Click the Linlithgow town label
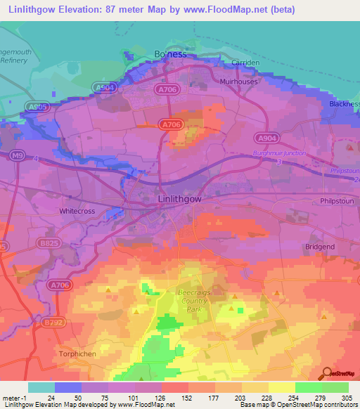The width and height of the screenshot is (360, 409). (x=178, y=200)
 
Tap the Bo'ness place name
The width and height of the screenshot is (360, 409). (x=170, y=54)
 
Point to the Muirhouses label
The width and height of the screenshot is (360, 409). (x=239, y=82)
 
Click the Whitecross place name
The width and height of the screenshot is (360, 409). (x=77, y=210)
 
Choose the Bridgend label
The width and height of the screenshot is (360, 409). (x=320, y=247)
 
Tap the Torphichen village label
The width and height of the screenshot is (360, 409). (x=77, y=353)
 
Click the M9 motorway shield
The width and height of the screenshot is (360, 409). (x=18, y=156)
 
